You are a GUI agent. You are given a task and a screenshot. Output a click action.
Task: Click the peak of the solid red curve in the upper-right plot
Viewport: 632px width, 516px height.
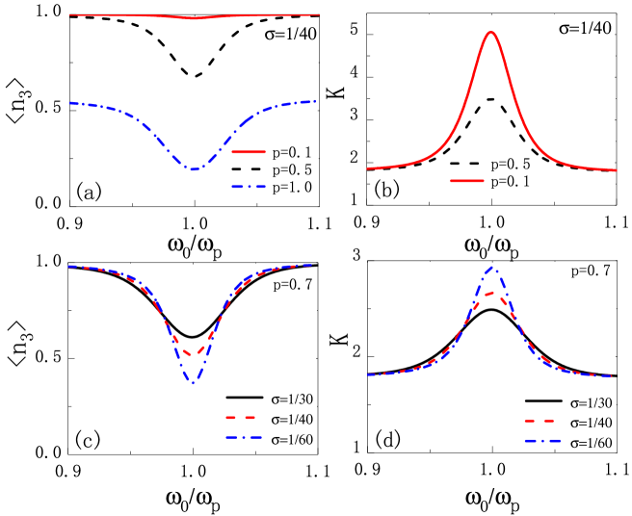point(491,32)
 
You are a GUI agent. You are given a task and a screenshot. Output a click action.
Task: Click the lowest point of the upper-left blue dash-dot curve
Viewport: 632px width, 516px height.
point(195,169)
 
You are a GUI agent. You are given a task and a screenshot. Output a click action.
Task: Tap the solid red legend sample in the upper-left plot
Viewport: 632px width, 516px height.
point(249,151)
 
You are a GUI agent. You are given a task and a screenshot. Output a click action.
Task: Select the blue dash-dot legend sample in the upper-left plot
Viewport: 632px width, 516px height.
point(249,186)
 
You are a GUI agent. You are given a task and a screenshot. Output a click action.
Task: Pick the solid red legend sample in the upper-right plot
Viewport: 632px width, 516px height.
point(467,180)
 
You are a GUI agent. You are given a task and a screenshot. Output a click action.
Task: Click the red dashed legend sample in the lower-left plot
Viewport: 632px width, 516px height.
point(241,418)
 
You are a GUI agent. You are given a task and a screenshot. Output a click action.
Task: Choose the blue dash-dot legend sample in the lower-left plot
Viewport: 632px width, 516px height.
point(243,437)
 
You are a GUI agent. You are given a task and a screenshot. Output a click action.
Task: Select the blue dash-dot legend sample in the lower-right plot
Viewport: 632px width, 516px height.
point(542,441)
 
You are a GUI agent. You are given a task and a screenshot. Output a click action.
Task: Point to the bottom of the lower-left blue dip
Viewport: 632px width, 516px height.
point(193,383)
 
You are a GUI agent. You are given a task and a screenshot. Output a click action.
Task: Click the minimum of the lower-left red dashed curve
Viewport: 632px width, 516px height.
point(194,355)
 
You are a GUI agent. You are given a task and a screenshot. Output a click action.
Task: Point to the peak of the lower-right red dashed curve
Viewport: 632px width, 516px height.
point(491,292)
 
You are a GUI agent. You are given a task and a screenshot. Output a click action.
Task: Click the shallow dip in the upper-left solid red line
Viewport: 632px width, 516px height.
point(195,18)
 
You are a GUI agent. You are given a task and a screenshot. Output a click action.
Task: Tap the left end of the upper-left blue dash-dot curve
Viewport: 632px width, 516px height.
point(69,102)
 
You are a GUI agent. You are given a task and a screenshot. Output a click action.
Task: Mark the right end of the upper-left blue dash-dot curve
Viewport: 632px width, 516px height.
point(315,101)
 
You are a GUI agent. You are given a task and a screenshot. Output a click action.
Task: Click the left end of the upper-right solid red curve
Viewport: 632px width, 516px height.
point(367,168)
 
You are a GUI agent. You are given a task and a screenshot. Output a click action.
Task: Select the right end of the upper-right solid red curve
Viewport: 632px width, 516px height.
point(617,170)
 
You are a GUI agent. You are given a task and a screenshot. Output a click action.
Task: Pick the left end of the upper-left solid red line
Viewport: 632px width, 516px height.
point(69,14)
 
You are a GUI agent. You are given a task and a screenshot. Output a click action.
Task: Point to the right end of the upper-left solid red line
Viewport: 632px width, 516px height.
point(319,14)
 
